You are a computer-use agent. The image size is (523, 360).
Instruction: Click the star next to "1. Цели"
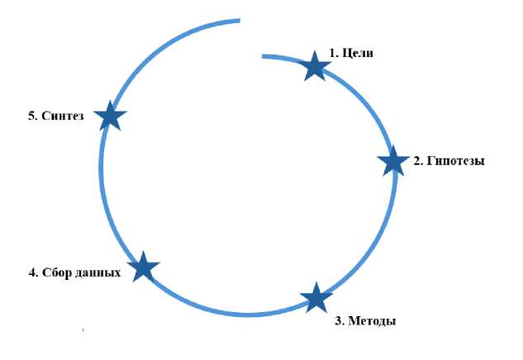[x=314, y=65]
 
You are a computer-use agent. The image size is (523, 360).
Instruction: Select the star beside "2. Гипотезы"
[x=392, y=161]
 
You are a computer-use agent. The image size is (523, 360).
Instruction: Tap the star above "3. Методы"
[x=315, y=297]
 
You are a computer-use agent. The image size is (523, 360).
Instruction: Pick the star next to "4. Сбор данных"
[x=143, y=267]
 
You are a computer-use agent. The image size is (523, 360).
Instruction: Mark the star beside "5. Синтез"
[x=109, y=116]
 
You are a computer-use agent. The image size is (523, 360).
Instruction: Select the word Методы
[x=372, y=320]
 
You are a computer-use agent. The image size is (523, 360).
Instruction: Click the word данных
[x=101, y=272]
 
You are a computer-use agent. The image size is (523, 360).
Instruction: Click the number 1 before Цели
[x=333, y=54]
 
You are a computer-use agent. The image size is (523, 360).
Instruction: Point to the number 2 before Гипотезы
[x=417, y=161]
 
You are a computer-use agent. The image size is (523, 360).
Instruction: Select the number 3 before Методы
[x=338, y=320]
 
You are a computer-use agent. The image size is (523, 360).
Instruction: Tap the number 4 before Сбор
[x=31, y=272]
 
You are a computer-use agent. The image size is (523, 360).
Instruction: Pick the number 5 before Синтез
[x=31, y=116]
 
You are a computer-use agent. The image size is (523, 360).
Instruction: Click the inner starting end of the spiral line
[x=264, y=56]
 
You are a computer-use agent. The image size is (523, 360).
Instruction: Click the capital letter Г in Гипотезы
[x=430, y=161]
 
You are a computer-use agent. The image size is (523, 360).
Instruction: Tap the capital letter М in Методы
[x=353, y=320]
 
